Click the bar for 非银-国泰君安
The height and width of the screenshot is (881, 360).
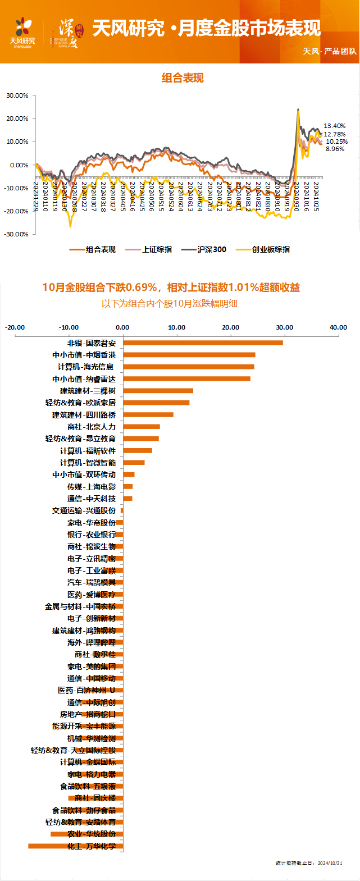pyautogui.click(x=203, y=343)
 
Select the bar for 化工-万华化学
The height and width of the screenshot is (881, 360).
pyautogui.click(x=75, y=846)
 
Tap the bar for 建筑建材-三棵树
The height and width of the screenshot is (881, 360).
pyautogui.click(x=158, y=391)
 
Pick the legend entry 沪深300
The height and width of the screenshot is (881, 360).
pyautogui.click(x=212, y=250)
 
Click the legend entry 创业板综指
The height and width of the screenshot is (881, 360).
pyautogui.click(x=271, y=250)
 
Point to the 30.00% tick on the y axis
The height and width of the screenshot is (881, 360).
pyautogui.click(x=17, y=96)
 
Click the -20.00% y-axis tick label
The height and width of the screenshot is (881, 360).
pyautogui.click(x=17, y=212)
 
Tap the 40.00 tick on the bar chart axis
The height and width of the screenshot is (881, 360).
pyautogui.click(x=338, y=327)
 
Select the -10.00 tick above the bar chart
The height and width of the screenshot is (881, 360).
pyautogui.click(x=70, y=327)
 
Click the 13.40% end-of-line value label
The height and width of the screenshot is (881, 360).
pyautogui.click(x=335, y=126)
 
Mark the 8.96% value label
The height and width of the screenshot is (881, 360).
pyautogui.click(x=335, y=149)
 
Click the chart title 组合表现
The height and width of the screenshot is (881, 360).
pyautogui.click(x=183, y=78)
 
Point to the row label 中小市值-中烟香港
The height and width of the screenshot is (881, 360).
pyautogui.click(x=84, y=355)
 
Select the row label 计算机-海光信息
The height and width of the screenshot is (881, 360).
pyautogui.click(x=86, y=367)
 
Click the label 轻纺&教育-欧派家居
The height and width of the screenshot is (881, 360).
pyautogui.click(x=81, y=403)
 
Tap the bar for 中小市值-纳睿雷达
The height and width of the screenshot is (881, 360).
pyautogui.click(x=186, y=379)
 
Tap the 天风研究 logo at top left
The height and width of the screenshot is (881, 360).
pyautogui.click(x=23, y=33)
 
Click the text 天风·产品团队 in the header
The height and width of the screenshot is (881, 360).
pyautogui.click(x=330, y=51)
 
